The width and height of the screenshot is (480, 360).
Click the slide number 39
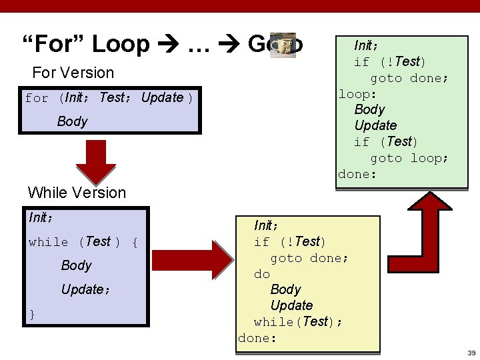pos(471,353)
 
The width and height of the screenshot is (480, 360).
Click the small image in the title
pos(282,45)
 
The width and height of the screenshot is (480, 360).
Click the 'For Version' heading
pos(73,73)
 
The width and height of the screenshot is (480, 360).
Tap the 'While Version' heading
pos(77,193)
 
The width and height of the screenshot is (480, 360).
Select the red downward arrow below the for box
pos(95,161)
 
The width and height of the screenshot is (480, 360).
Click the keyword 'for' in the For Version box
pos(37,99)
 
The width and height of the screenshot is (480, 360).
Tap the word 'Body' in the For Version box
pos(72,121)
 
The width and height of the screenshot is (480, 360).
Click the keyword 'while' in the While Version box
pos(48,242)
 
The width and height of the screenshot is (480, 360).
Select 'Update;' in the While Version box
pos(85,290)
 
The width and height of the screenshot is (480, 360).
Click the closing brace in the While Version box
pos(31,314)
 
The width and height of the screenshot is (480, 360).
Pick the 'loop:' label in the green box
pos(357,93)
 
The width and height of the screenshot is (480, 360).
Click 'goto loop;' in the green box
pos(409,158)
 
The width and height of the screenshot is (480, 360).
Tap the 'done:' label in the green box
pos(357,174)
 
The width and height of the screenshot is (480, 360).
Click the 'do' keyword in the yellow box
pos(261,274)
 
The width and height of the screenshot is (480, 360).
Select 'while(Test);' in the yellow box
pos(298,322)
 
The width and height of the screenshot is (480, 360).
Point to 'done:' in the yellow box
pos(257,338)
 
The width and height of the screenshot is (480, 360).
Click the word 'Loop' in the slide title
pos(121,44)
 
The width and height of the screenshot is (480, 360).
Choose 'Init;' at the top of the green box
pos(366,46)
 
